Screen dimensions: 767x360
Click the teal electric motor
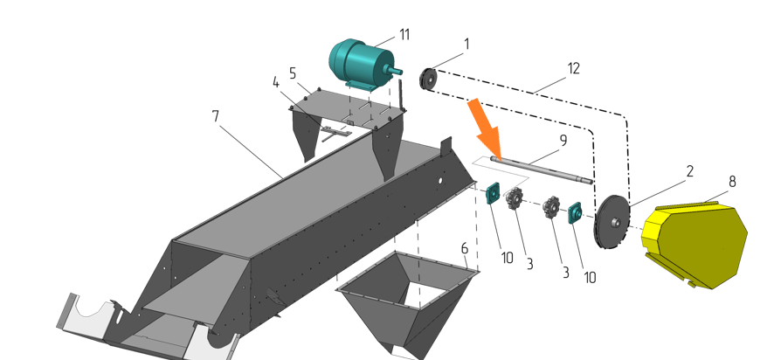point(362,64)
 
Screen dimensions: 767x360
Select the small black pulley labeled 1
point(428,80)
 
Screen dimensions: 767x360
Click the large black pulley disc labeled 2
point(612,222)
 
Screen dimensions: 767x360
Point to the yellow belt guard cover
point(694,245)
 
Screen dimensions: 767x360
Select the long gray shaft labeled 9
point(542,170)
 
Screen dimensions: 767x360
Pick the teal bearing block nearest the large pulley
point(574,213)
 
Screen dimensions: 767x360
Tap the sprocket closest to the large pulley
point(551,207)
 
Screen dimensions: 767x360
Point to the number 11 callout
point(404,35)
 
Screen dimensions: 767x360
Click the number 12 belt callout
point(573,68)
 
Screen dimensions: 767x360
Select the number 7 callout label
point(216,116)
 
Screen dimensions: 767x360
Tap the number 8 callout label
point(732,182)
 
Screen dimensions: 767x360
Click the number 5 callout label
point(293,74)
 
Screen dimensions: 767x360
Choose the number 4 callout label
point(276,83)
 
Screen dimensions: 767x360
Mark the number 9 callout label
point(563,141)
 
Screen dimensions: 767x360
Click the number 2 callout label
point(690,171)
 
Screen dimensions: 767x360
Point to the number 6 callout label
point(464,248)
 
